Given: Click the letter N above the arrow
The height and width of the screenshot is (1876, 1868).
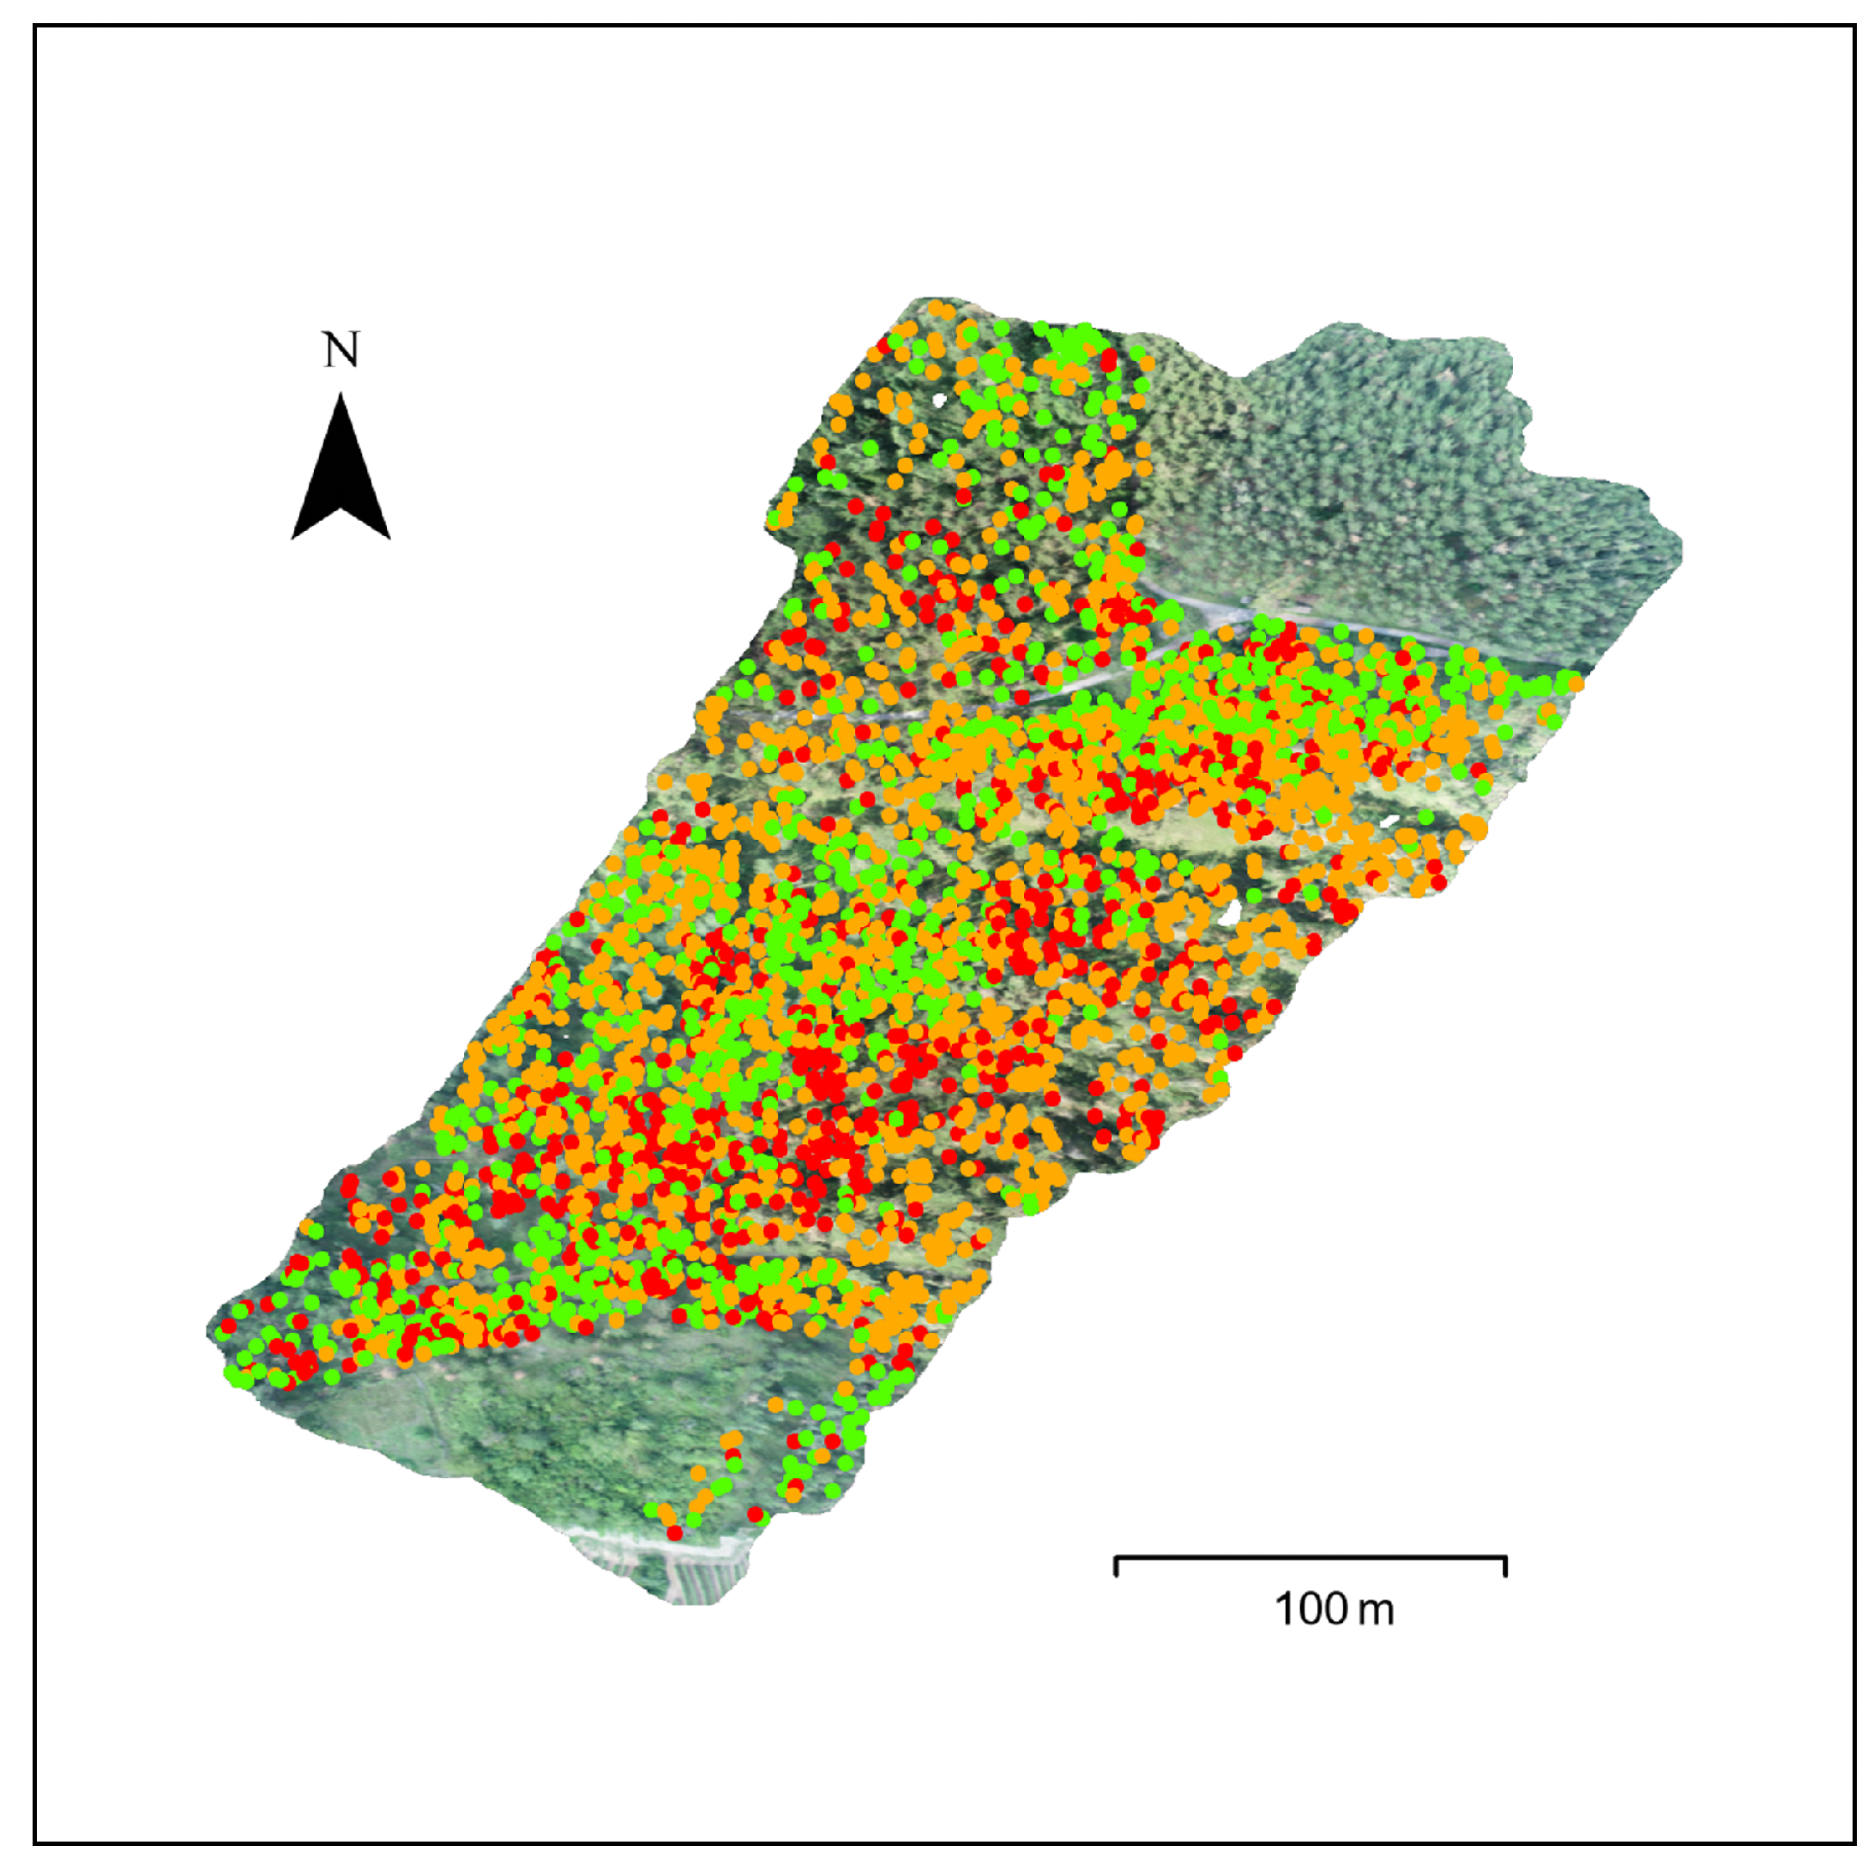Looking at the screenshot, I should click(340, 351).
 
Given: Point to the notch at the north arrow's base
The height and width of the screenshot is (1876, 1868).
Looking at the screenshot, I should click(340, 508).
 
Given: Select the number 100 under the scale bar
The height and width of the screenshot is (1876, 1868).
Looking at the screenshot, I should click(1310, 1609).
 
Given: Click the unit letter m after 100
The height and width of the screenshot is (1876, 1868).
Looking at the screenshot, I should click(1375, 1612).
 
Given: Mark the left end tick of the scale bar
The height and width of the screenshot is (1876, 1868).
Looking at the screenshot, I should click(1117, 1565).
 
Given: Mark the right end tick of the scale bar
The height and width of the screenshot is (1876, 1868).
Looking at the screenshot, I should click(1505, 1565).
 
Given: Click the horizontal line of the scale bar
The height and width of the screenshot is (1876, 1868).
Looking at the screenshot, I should click(1311, 1558).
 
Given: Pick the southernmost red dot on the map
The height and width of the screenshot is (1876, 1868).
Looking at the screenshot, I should click(675, 1533).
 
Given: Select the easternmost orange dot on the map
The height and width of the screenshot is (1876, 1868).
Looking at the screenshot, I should click(1575, 685).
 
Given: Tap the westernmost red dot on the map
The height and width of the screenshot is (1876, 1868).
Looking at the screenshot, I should click(227, 1325).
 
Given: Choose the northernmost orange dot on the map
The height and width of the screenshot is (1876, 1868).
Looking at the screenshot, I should click(937, 309).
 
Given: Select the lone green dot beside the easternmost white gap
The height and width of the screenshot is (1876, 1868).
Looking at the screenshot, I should click(1425, 817).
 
